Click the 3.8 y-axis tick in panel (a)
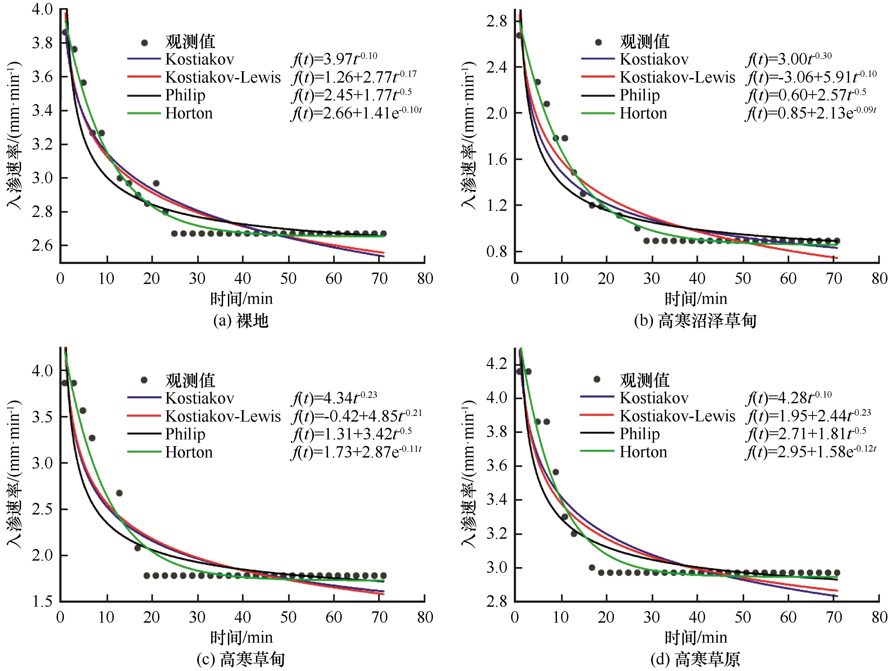[x=42, y=43]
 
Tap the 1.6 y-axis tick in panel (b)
[x=497, y=159]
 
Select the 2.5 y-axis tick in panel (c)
[x=42, y=509]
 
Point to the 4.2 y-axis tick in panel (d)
[x=497, y=364]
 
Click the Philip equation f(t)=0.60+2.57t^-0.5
[x=806, y=95]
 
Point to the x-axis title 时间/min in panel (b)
[x=696, y=299]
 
